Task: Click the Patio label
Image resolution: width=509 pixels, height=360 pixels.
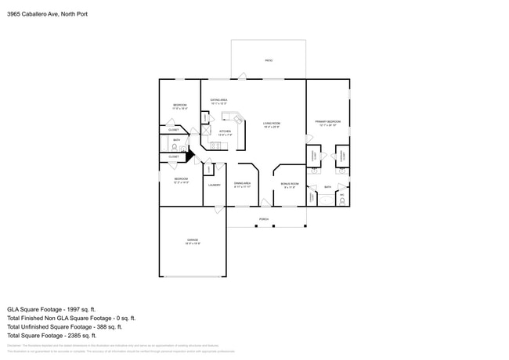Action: pos(268,60)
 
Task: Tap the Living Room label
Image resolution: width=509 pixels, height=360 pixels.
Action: pos(272,124)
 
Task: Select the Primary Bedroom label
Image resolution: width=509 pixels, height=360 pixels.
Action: pos(327,122)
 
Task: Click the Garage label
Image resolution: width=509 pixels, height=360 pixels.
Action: pos(192,240)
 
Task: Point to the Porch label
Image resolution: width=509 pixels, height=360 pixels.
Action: pos(264,219)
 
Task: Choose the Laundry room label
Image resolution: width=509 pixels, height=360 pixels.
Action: pos(214,185)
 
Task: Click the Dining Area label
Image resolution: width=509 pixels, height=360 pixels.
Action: pos(242,184)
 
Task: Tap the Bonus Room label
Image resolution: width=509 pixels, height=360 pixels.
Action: pos(289,185)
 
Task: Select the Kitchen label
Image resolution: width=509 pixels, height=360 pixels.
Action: pos(225,131)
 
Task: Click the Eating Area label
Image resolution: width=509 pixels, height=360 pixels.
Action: pos(218,101)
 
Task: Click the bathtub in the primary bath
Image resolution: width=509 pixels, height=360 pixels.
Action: pos(312,197)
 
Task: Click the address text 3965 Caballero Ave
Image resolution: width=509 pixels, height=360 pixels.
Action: pos(47,13)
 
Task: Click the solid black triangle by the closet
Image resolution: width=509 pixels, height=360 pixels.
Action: pos(189,156)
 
